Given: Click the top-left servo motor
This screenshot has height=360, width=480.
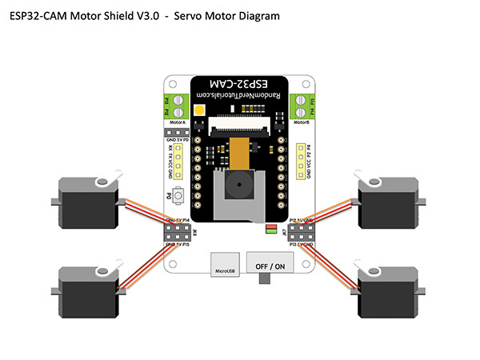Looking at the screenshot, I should [90, 202].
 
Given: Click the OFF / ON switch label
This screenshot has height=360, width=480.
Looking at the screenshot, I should [269, 265].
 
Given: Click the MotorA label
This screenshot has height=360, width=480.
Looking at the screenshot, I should [177, 124].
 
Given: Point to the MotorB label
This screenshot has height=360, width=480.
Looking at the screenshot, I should [301, 124].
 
